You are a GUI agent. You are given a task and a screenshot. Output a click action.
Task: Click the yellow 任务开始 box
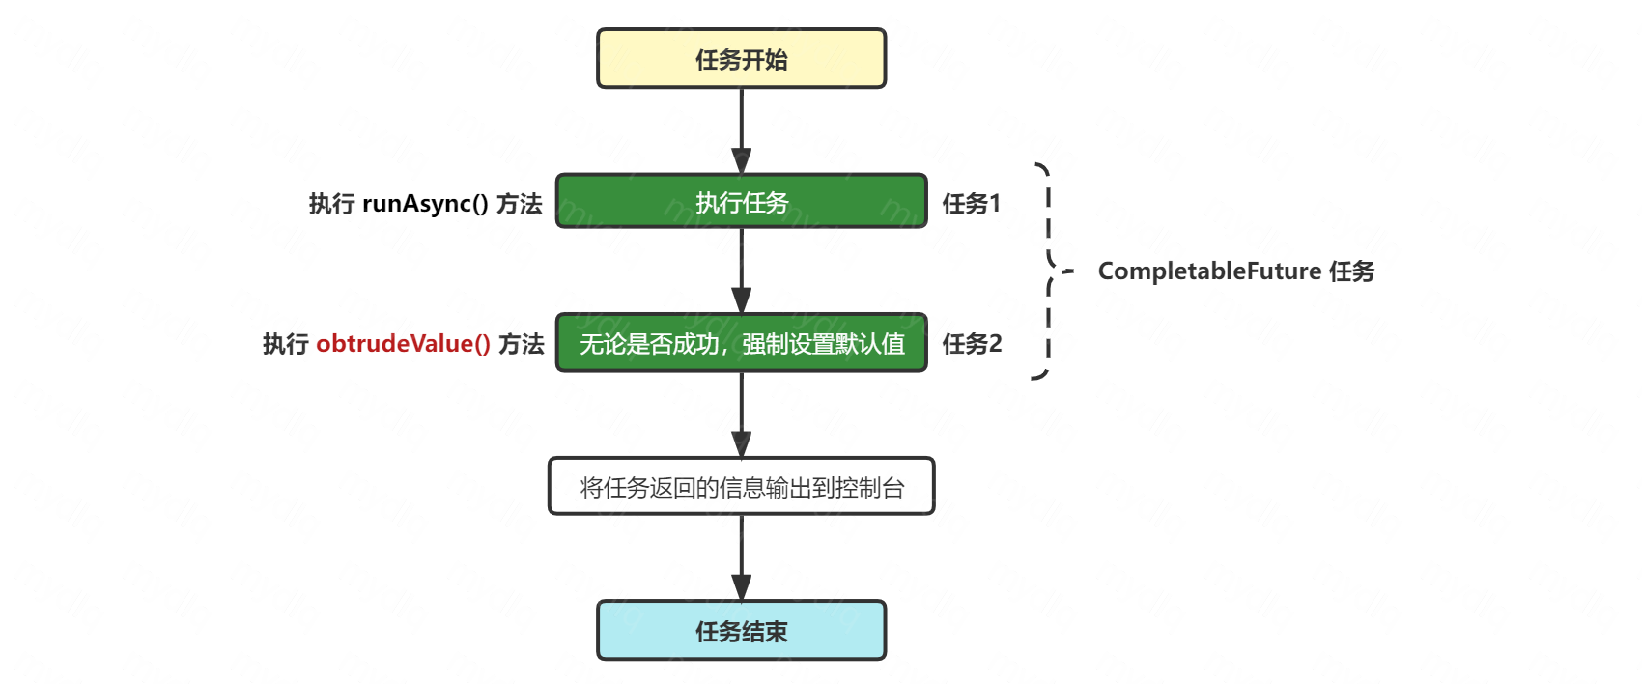741,59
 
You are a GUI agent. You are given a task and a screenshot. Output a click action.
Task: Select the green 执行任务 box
741,202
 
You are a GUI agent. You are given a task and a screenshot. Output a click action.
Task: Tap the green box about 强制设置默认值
741,343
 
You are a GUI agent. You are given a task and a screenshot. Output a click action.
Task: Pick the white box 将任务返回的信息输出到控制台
741,487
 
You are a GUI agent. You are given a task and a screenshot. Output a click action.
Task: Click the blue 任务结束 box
741,631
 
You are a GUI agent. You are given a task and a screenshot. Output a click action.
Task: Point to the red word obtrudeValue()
403,344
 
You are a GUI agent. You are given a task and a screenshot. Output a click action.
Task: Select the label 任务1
971,204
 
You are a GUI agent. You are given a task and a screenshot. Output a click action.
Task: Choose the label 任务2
972,344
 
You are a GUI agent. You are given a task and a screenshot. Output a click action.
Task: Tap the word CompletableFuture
1209,271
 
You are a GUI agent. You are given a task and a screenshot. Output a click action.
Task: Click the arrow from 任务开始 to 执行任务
741,130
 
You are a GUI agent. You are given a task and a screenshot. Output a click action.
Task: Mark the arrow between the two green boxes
741,271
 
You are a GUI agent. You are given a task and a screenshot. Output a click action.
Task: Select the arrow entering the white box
741,414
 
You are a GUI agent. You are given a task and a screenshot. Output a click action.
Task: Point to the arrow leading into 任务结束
741,557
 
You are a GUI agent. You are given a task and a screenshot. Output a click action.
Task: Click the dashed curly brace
1048,271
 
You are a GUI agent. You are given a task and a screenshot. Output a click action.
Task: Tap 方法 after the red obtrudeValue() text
522,344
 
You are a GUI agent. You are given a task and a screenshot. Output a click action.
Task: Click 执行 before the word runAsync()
331,204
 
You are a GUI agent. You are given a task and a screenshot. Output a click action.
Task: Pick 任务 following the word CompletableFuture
1351,271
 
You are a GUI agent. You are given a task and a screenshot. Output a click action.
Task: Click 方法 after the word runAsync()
520,204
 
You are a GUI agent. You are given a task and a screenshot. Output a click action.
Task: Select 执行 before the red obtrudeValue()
285,344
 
